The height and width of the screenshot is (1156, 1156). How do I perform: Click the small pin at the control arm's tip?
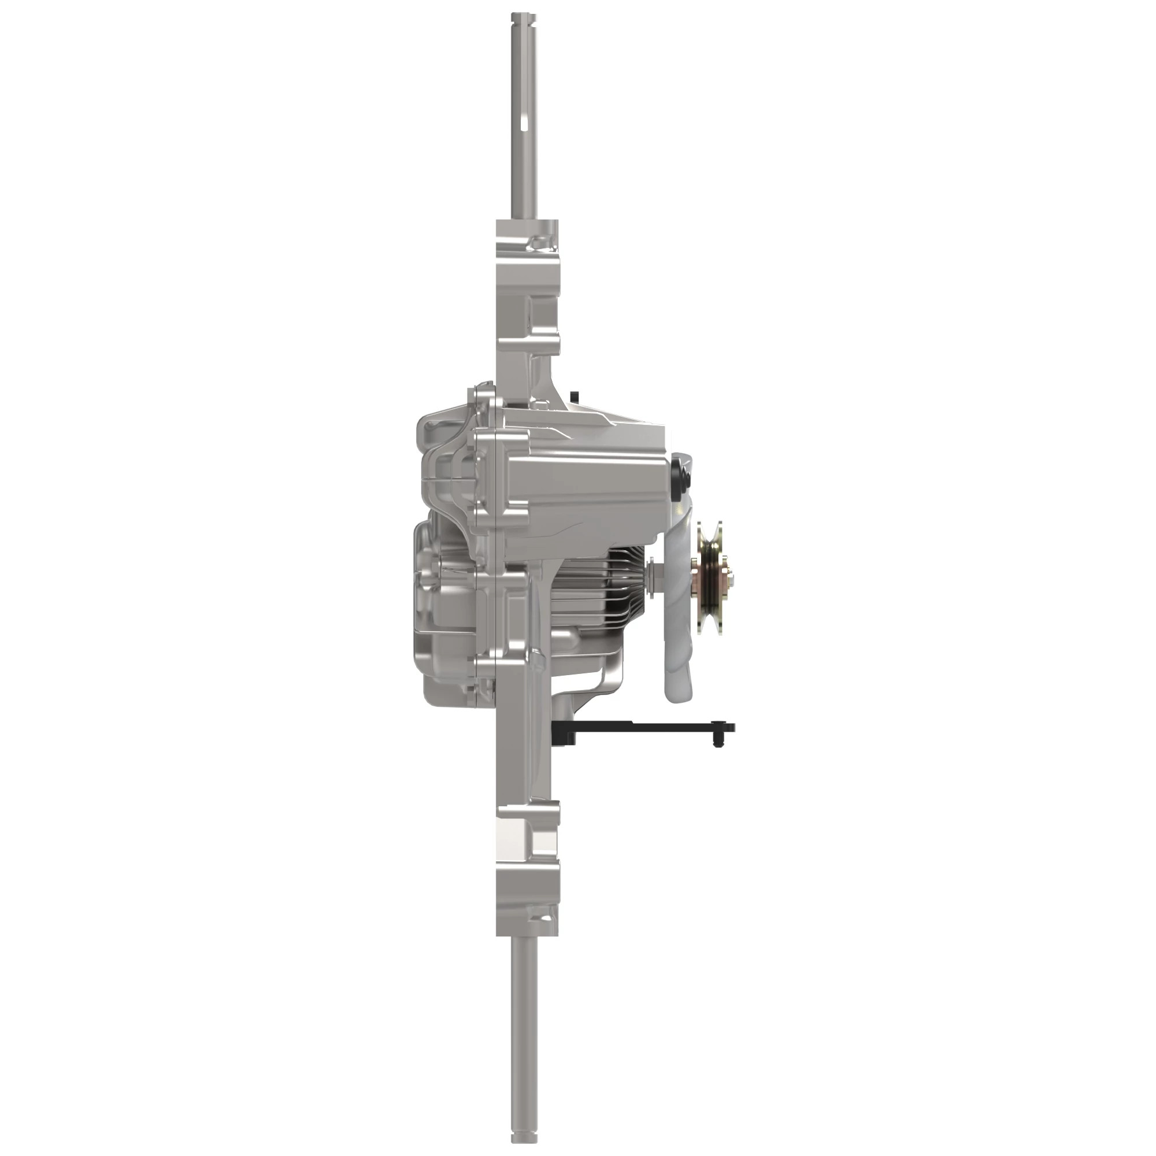[716, 742]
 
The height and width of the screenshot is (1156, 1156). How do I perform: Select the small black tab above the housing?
[575, 395]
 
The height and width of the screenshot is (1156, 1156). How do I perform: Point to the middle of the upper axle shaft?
[524, 120]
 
